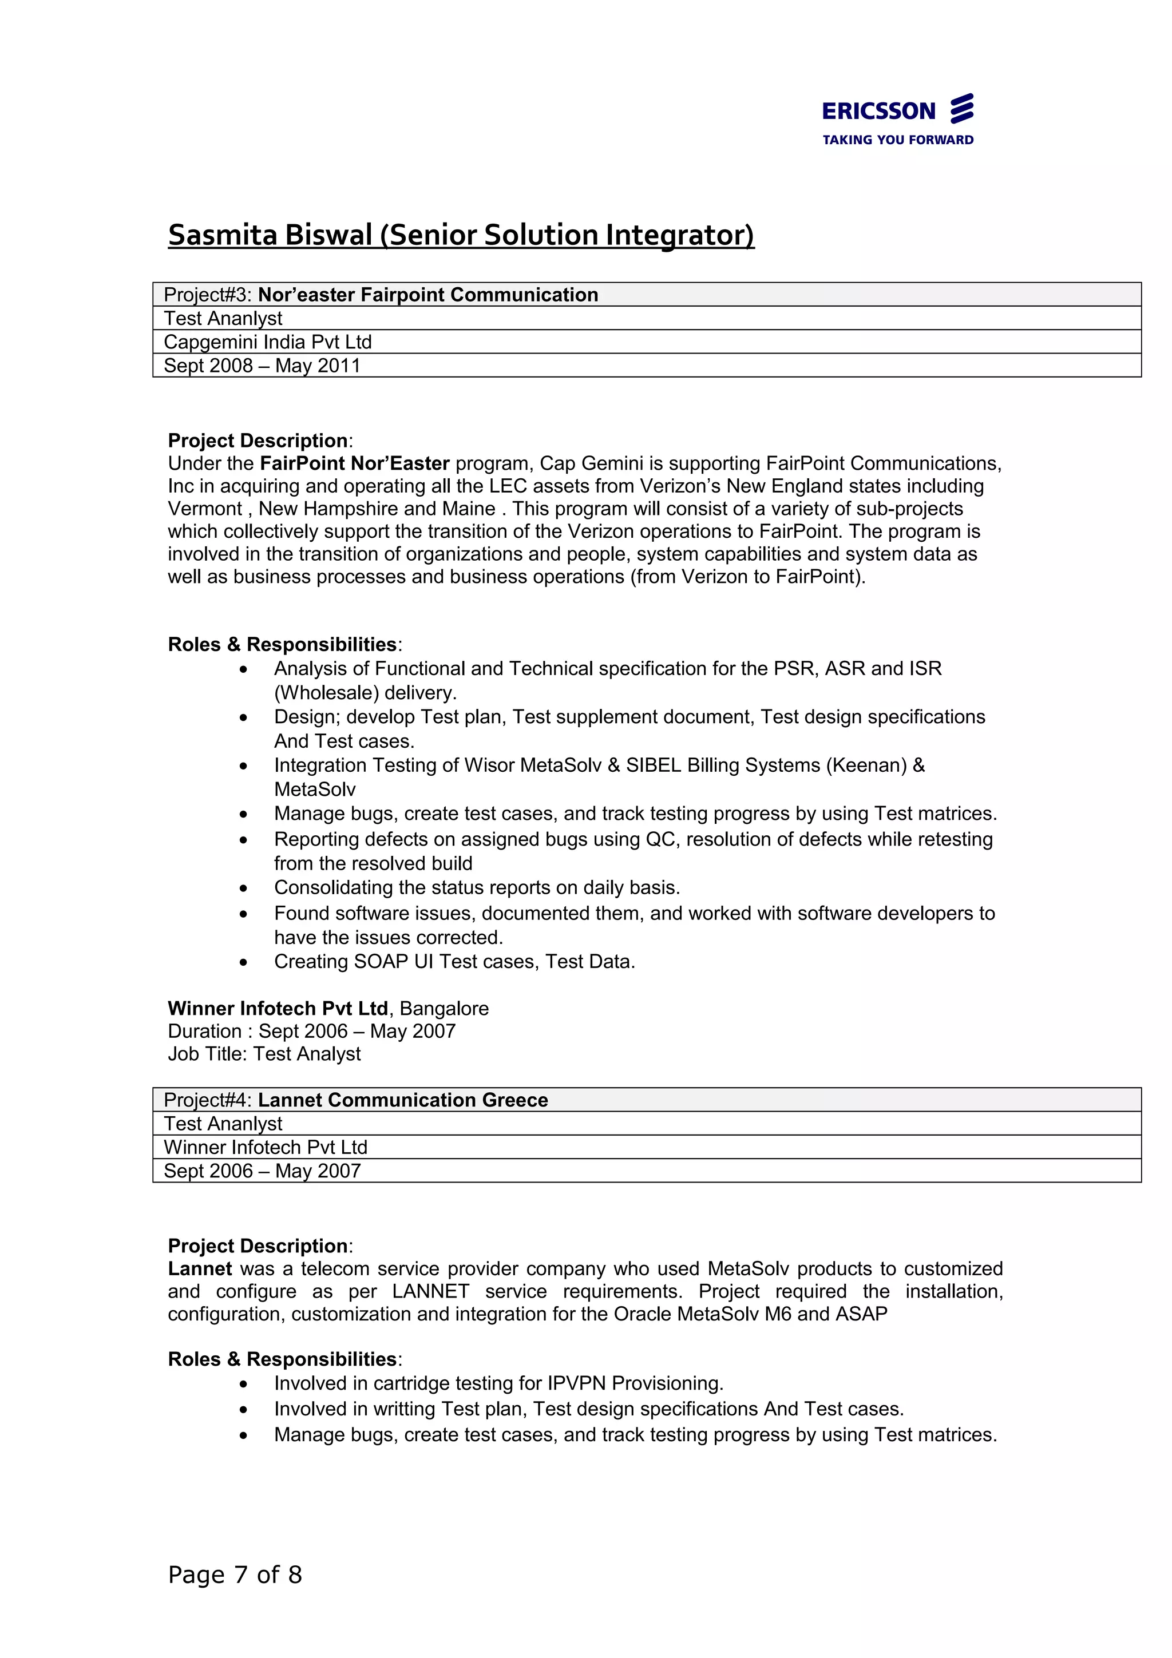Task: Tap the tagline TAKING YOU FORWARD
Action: [897, 140]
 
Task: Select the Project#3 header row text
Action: [381, 295]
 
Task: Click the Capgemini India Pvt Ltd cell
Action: [267, 342]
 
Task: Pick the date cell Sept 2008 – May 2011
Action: [262, 366]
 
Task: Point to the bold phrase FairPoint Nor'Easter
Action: [355, 463]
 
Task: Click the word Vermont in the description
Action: [204, 509]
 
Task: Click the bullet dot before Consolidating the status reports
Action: [244, 888]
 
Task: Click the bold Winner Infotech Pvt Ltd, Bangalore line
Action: [328, 1008]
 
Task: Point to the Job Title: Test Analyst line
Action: [264, 1054]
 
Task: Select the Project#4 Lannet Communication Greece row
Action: [355, 1100]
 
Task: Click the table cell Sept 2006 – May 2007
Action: [262, 1171]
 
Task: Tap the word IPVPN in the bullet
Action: [576, 1383]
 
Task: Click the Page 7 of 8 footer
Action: [235, 1574]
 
